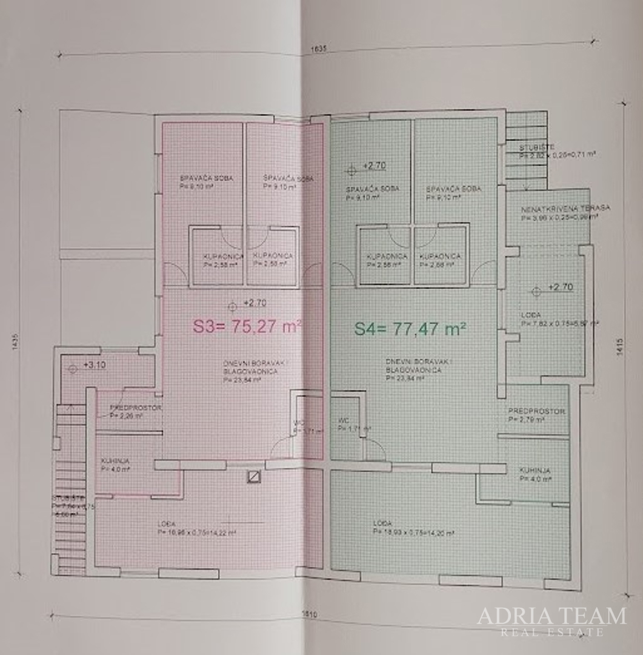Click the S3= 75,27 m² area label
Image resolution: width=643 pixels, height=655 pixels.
pyautogui.click(x=247, y=327)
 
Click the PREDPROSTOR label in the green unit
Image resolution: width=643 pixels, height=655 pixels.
pyautogui.click(x=536, y=412)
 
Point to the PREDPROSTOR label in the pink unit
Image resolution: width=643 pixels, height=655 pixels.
pyautogui.click(x=135, y=409)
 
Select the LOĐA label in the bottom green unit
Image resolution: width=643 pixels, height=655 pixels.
pyautogui.click(x=382, y=523)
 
